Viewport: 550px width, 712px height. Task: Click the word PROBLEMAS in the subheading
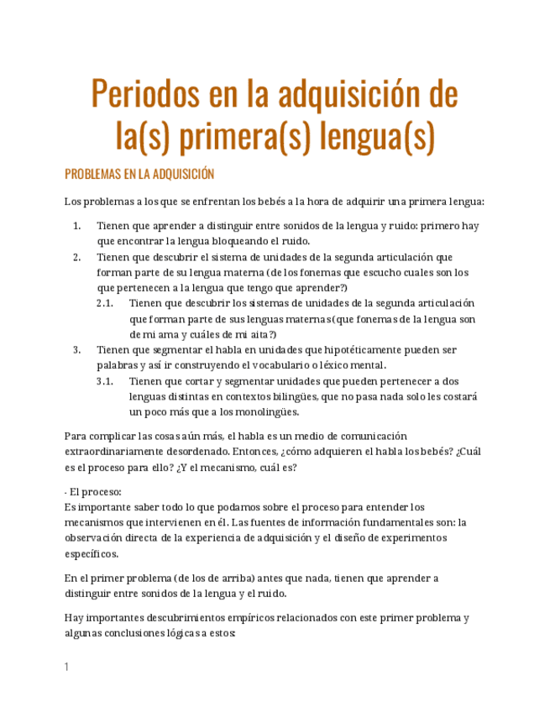point(92,175)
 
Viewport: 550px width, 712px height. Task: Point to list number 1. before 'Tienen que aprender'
point(76,226)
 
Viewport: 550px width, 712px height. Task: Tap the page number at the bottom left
point(66,667)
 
